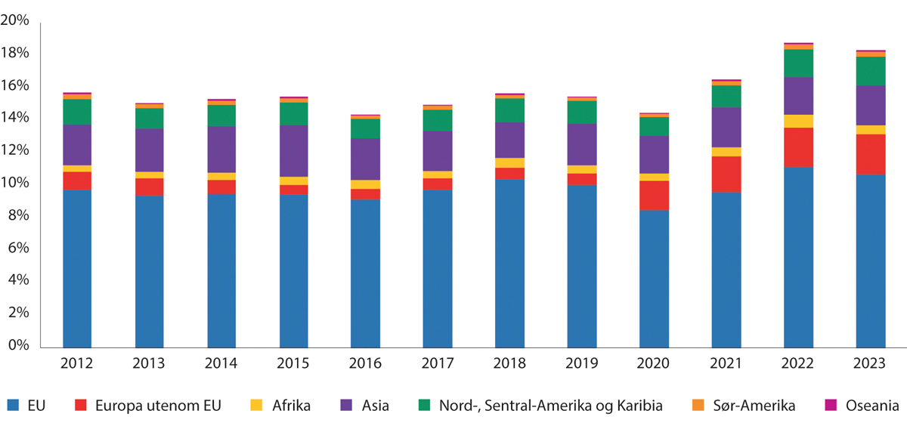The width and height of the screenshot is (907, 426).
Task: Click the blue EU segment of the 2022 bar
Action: [798, 257]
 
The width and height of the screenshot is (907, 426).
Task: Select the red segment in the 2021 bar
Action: [726, 174]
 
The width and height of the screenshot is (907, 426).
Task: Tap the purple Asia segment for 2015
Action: [293, 150]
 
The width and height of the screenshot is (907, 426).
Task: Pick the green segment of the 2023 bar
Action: [870, 71]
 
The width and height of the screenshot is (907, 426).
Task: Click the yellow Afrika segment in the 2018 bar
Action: [509, 162]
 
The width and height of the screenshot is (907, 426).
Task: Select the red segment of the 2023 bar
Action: [870, 154]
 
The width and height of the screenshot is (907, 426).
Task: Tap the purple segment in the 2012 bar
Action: [77, 144]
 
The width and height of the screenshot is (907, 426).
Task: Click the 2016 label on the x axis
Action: [365, 364]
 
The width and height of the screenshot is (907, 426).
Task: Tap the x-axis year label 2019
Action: [581, 364]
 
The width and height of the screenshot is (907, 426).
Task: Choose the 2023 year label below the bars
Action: [870, 364]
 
